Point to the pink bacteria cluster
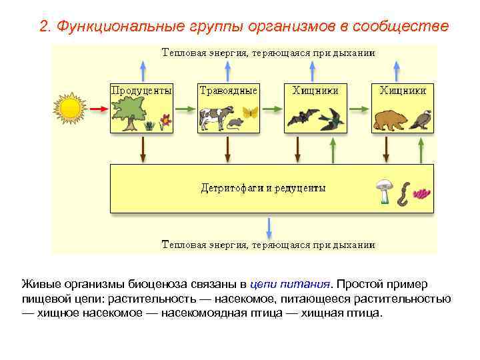[422, 193]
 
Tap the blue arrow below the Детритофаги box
[269, 227]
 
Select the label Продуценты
[141, 90]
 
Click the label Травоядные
[228, 90]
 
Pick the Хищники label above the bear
[403, 90]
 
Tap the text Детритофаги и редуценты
[263, 188]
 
